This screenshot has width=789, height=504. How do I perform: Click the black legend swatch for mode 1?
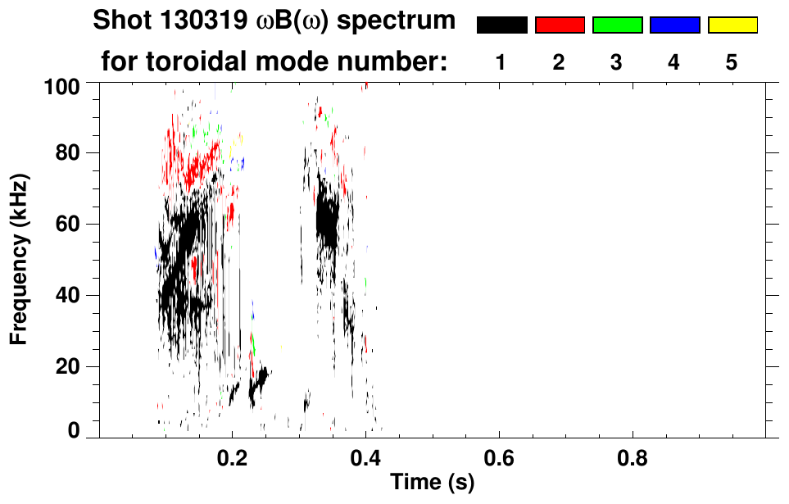(501, 25)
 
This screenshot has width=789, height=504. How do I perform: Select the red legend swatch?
(560, 25)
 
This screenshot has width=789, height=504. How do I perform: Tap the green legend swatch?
(617, 25)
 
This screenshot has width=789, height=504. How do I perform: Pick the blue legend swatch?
(674, 25)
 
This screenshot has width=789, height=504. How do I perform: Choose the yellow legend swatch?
(732, 25)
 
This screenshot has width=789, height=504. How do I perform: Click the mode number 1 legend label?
(501, 63)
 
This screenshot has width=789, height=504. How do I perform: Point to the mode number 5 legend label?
(732, 63)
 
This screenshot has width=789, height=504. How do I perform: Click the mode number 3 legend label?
(617, 63)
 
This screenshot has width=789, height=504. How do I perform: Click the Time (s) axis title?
(432, 483)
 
